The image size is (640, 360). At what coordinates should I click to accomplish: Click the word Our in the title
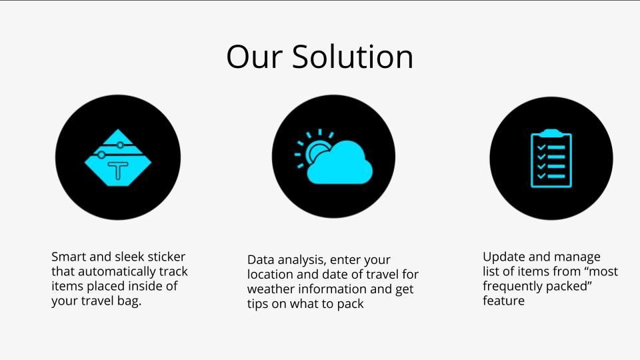254,57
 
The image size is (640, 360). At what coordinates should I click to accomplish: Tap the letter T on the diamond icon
119,170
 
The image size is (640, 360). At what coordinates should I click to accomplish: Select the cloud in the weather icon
340,163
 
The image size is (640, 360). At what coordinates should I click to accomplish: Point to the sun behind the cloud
315,151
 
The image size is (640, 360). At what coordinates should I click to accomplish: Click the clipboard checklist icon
551,159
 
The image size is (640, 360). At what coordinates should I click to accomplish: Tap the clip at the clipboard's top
551,133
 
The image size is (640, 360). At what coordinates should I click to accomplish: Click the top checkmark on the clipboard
541,147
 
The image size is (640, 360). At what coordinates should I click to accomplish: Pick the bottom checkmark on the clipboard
541,176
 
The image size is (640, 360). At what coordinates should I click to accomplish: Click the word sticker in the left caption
166,257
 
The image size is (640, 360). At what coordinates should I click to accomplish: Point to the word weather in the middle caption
271,289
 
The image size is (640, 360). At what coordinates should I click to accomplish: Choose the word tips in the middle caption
257,304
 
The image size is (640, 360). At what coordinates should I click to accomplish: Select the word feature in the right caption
504,301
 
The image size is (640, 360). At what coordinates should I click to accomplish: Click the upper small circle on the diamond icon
120,145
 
